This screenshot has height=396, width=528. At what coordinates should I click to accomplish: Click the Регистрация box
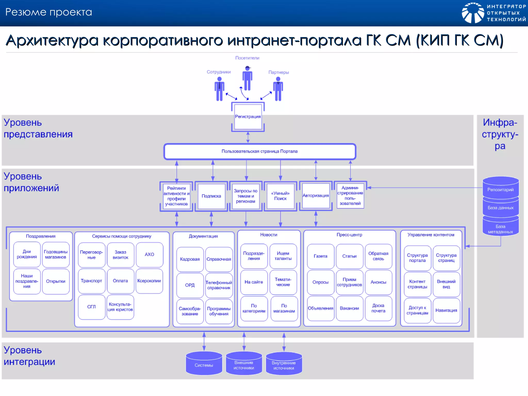(248, 117)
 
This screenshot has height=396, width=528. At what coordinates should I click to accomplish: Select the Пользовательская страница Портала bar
(260, 151)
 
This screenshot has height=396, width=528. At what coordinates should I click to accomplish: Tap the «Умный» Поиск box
(280, 196)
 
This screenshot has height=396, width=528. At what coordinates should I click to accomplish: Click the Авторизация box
(316, 196)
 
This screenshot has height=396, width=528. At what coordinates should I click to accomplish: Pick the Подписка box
(211, 196)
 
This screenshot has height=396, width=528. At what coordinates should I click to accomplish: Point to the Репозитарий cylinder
(500, 189)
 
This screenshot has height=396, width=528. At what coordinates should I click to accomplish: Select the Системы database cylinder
(204, 365)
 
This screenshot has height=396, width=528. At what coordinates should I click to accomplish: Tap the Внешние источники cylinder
(244, 365)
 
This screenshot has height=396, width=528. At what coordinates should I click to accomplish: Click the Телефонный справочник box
(219, 285)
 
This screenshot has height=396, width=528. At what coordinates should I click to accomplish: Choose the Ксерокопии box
(149, 281)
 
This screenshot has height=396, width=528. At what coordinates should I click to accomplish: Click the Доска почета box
(378, 308)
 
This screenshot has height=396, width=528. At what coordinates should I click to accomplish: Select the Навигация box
(446, 310)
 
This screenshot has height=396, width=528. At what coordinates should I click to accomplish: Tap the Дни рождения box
(27, 254)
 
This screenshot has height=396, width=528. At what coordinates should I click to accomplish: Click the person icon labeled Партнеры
(278, 89)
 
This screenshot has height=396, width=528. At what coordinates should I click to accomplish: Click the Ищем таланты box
(283, 256)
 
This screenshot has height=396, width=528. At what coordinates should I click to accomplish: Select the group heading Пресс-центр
(349, 235)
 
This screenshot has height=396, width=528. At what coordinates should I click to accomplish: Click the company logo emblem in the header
(473, 13)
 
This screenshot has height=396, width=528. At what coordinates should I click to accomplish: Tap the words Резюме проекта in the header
(48, 12)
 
